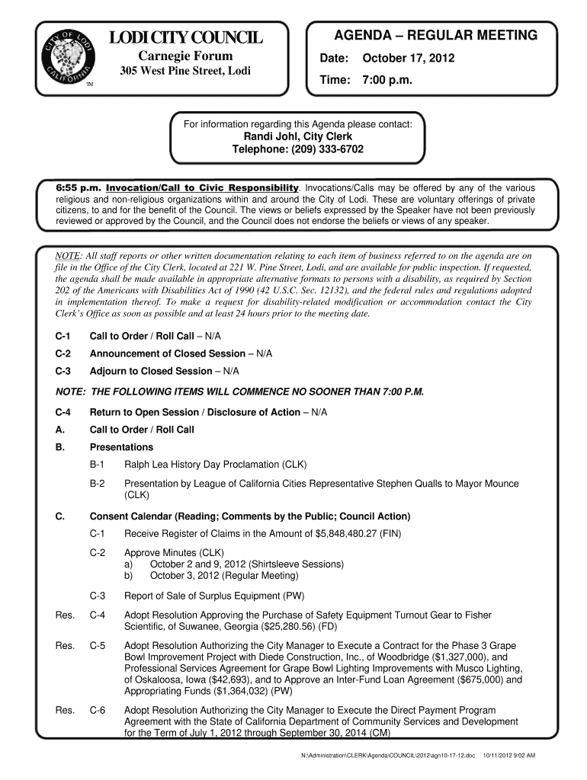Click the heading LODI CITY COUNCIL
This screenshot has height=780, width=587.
click(186, 38)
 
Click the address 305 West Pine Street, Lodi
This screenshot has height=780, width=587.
click(186, 72)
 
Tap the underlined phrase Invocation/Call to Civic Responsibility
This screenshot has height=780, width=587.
click(202, 188)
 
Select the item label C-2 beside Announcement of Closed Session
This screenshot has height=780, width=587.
click(63, 353)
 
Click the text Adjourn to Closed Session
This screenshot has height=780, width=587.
click(151, 371)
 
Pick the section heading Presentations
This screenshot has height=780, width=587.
click(121, 447)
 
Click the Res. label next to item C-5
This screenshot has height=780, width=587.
click(65, 645)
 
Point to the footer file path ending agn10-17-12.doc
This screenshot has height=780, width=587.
click(388, 755)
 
